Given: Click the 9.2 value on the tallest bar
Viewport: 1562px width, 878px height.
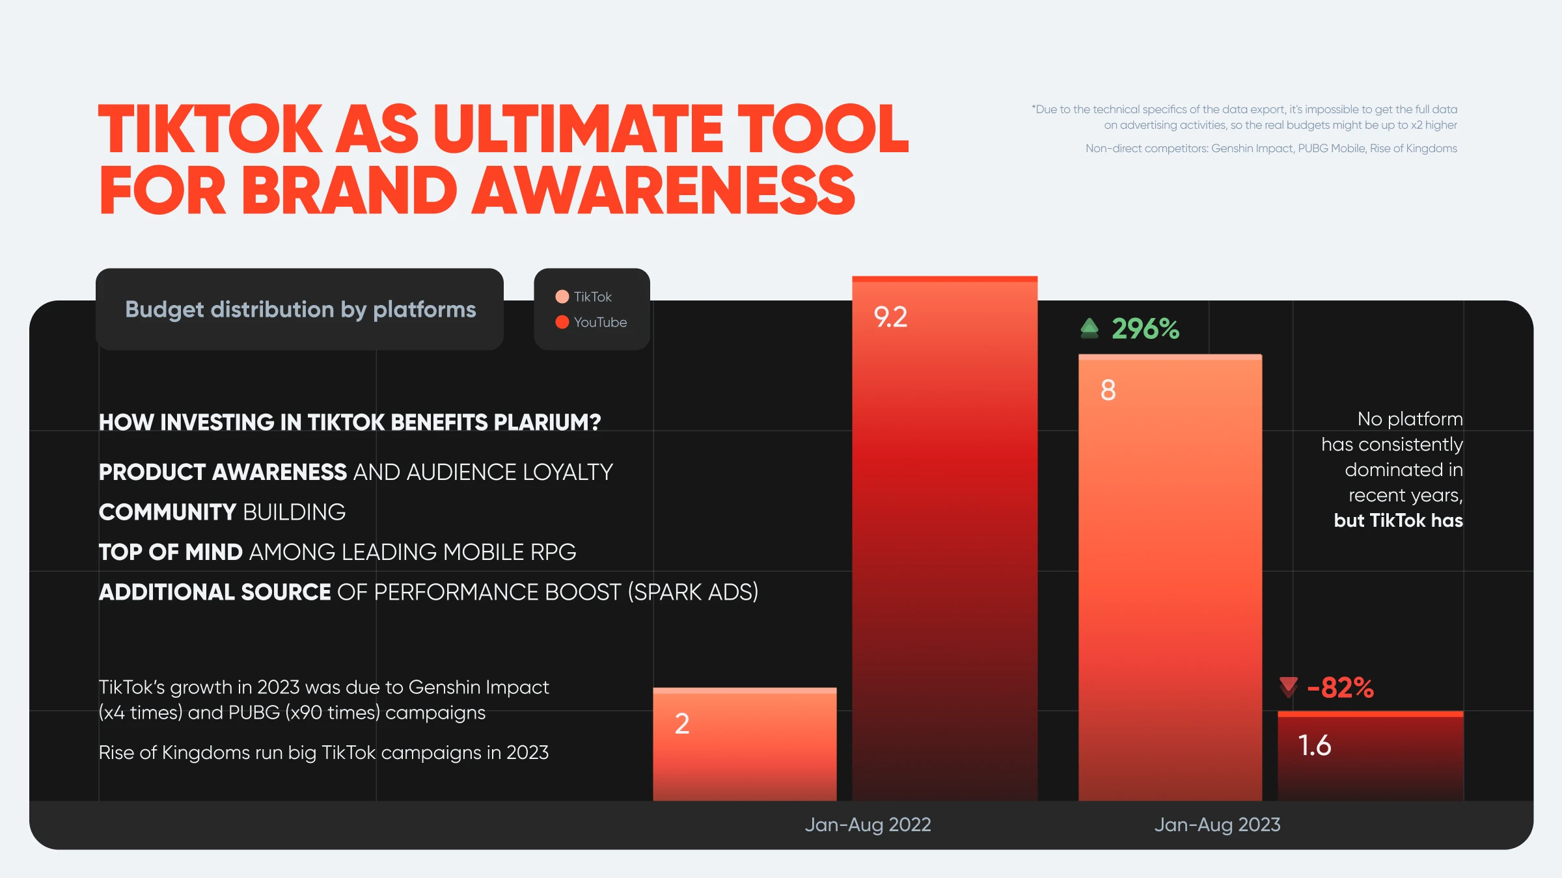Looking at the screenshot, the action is [x=890, y=317].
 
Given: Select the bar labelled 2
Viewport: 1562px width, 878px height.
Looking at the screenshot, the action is [x=745, y=744].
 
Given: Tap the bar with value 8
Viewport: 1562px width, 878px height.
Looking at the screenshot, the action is [x=1170, y=578].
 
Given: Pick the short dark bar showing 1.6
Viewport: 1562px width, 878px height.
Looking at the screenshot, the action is [x=1371, y=756].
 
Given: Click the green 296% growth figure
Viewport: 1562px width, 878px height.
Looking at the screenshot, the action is [x=1145, y=329].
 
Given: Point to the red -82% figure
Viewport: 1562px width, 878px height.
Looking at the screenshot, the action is [x=1340, y=687].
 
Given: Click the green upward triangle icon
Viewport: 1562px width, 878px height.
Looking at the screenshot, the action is [x=1089, y=328].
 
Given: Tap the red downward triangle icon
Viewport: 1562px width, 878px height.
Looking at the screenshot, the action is [x=1288, y=687].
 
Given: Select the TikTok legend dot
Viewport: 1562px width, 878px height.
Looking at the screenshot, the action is [x=562, y=297].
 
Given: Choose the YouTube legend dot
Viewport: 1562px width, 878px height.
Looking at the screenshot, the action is [x=562, y=322].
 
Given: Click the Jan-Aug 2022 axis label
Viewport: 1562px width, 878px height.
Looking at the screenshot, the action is [x=868, y=825].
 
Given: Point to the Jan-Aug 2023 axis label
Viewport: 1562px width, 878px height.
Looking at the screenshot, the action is [x=1217, y=825].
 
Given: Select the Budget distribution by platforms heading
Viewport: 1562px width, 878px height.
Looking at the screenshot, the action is [x=300, y=310].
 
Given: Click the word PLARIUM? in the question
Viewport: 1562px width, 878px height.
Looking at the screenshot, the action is [x=547, y=422].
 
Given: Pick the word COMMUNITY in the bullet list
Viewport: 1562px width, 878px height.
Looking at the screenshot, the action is [x=167, y=512].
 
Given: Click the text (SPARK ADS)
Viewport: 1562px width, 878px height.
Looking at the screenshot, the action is [x=693, y=592].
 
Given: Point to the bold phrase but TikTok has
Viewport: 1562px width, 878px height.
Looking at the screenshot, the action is [x=1398, y=520].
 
